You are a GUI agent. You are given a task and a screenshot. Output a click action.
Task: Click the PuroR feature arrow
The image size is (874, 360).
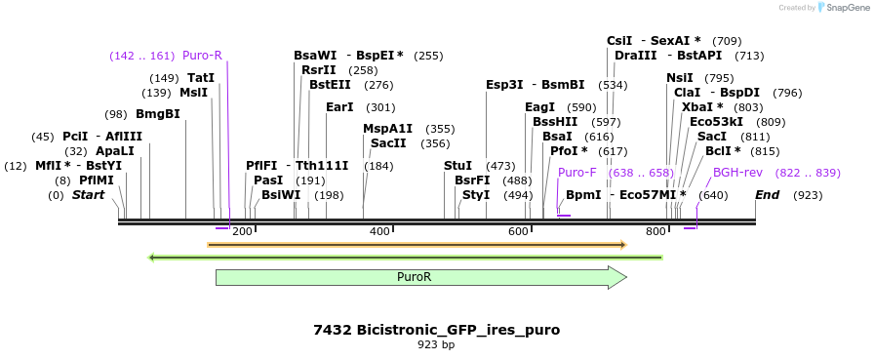tap(420, 277)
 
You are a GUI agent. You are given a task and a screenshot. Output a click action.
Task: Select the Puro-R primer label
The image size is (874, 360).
tap(202, 55)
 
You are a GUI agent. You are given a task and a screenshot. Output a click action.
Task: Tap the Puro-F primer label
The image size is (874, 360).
tap(576, 173)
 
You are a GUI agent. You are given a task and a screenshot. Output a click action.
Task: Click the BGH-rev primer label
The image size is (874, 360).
tap(737, 173)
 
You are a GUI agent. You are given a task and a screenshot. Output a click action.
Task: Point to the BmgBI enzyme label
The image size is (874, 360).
tap(157, 114)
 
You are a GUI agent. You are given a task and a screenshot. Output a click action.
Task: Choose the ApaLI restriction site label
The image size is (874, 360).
tap(114, 151)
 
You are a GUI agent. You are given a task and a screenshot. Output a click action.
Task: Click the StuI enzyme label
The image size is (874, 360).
tap(457, 166)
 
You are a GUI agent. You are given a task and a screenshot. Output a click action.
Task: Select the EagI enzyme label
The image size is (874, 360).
tap(539, 107)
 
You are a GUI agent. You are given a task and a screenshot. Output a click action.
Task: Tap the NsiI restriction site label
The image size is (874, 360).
tap(679, 78)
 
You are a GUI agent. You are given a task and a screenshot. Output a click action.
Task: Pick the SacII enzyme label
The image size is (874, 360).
tap(388, 142)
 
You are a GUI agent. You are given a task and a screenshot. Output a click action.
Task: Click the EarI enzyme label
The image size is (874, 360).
tap(339, 107)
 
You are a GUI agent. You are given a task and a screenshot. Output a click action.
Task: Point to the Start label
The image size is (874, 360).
tap(88, 195)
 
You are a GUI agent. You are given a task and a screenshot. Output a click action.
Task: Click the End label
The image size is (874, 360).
tap(768, 195)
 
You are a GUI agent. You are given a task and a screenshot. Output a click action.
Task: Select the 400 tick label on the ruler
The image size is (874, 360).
tap(379, 231)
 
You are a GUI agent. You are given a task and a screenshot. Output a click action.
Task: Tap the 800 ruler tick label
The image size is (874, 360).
tap(655, 231)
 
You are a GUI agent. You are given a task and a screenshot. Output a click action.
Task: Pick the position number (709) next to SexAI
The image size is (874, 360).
tap(727, 41)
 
